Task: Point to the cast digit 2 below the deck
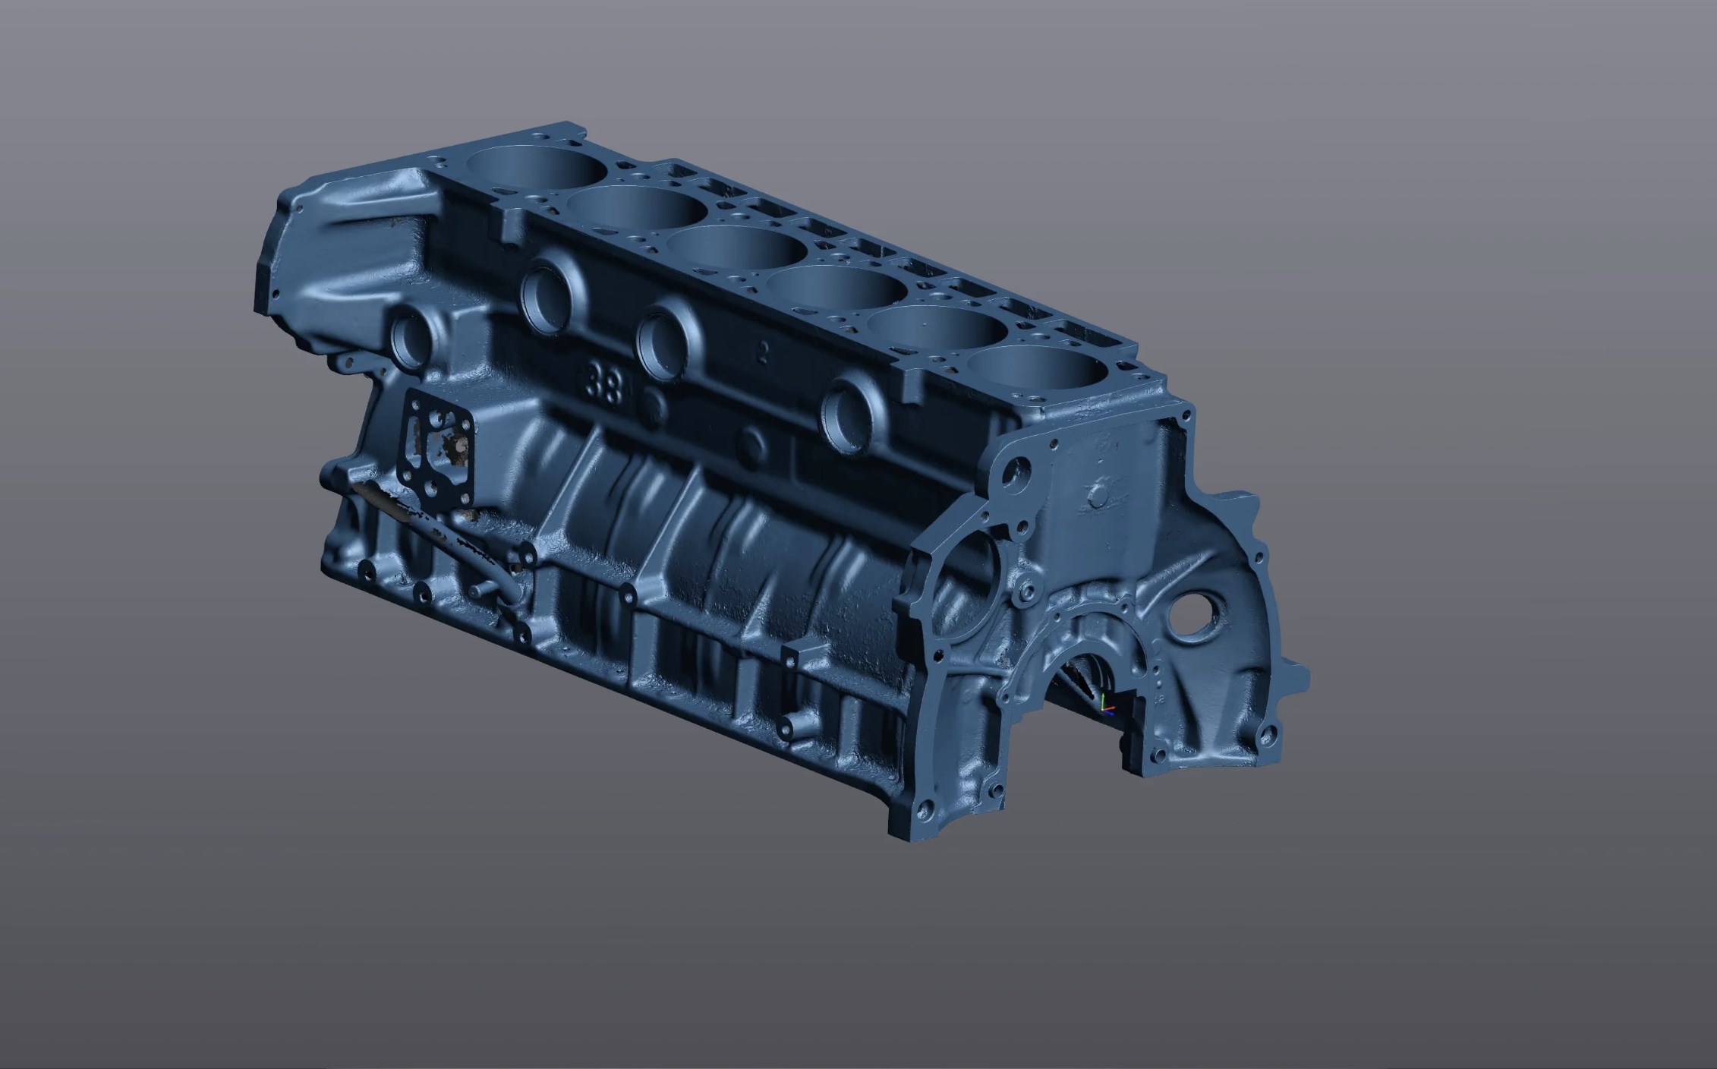[x=763, y=351]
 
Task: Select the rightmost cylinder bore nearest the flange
[x=1040, y=371]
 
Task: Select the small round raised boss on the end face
[x=1098, y=495]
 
